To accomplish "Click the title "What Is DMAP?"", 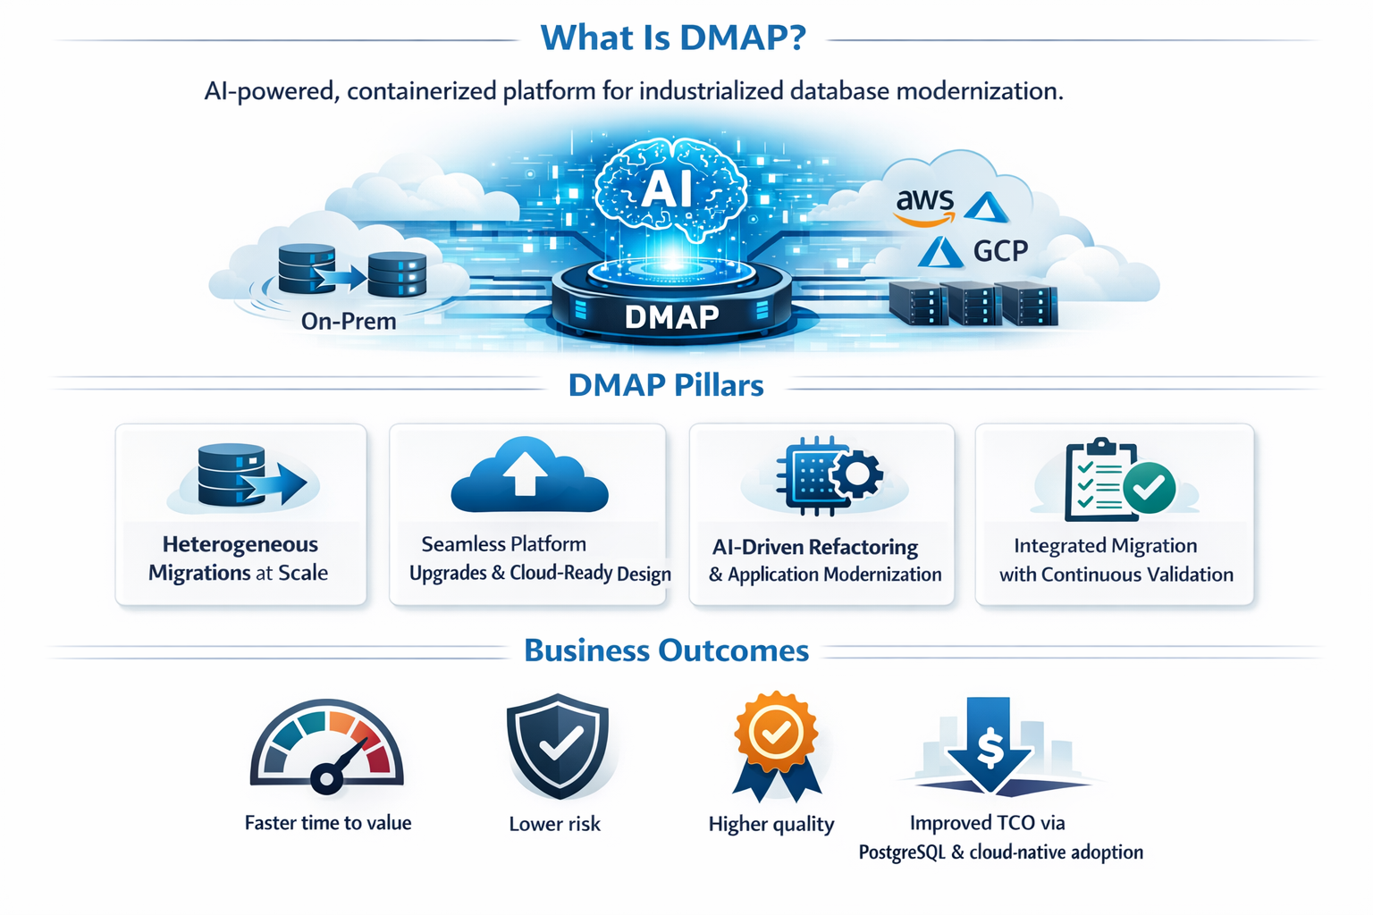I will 673,38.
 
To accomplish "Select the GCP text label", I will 1000,251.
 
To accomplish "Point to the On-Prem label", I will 349,321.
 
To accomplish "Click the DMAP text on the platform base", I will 671,316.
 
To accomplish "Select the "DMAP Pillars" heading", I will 666,385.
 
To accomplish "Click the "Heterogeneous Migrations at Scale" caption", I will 239,558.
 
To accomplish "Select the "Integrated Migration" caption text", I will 1105,545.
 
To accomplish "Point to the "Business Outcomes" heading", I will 666,651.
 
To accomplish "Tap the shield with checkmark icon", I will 558,744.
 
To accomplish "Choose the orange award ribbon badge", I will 776,743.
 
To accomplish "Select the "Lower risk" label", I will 554,824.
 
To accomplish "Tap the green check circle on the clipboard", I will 1150,487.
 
